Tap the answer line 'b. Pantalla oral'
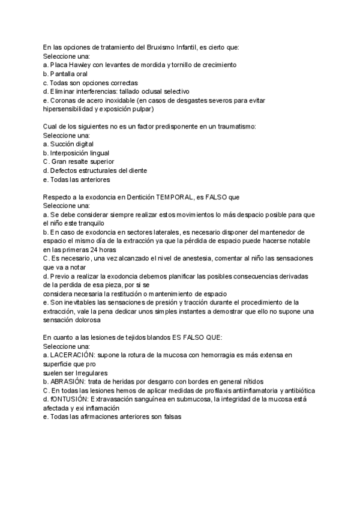[65, 73]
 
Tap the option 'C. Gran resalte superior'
[78, 161]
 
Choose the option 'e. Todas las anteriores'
[77, 179]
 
